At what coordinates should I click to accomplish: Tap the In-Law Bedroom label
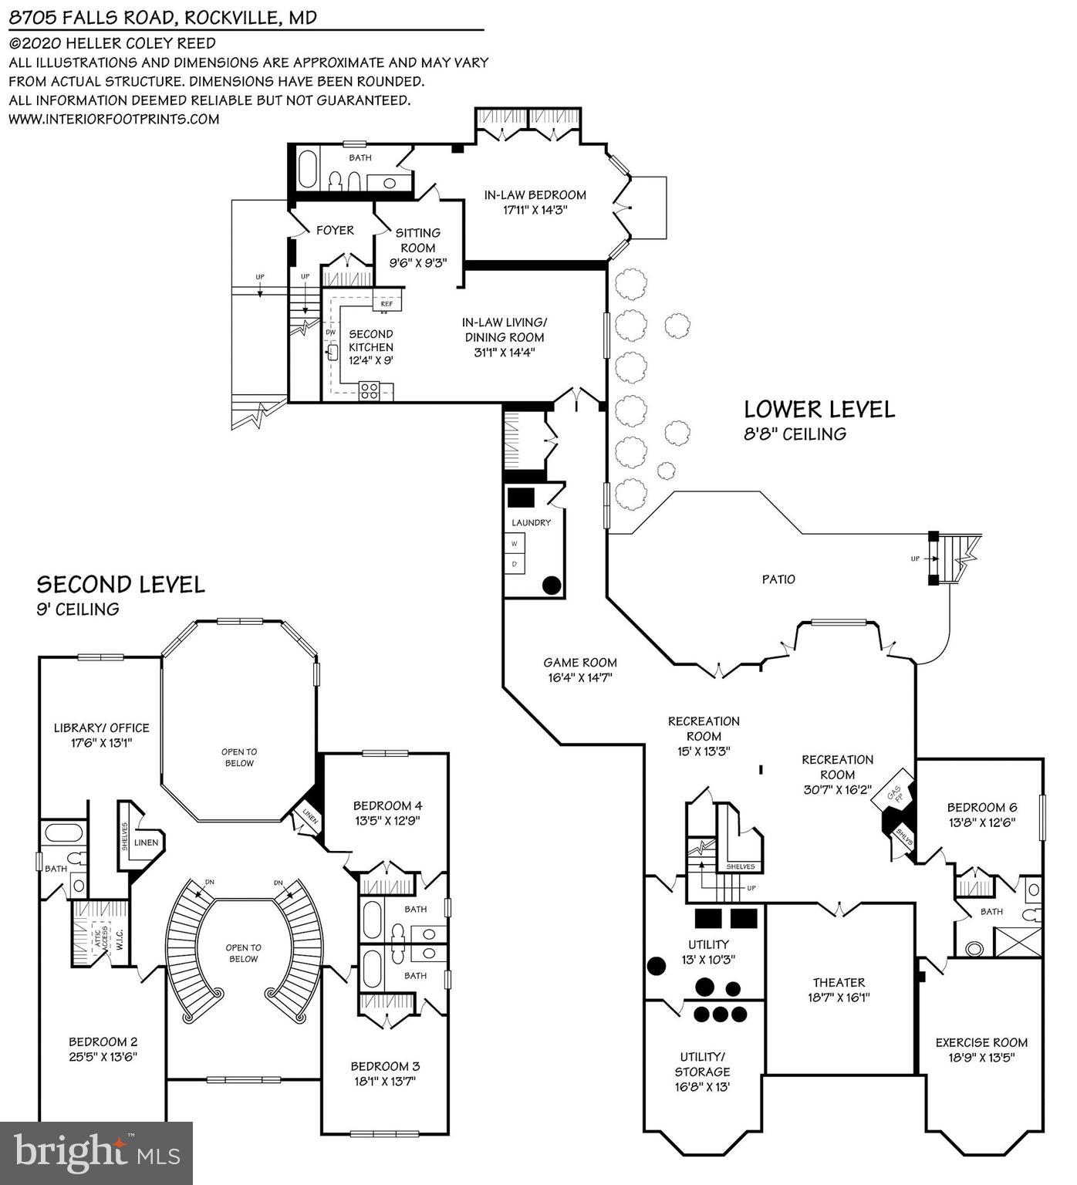535,195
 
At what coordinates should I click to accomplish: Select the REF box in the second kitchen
387,304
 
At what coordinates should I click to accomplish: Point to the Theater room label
839,982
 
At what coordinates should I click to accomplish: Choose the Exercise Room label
981,1042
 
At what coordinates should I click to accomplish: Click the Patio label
778,579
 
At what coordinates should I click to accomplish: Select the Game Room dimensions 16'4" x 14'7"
580,678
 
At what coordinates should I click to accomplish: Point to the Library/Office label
101,728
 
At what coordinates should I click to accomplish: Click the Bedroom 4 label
387,805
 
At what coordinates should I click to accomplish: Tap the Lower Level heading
819,409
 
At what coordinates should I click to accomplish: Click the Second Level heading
121,585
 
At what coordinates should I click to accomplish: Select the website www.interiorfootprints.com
114,119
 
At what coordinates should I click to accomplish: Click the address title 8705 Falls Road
162,17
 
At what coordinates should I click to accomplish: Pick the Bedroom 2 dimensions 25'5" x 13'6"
103,1057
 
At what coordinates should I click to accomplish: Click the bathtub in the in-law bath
307,170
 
